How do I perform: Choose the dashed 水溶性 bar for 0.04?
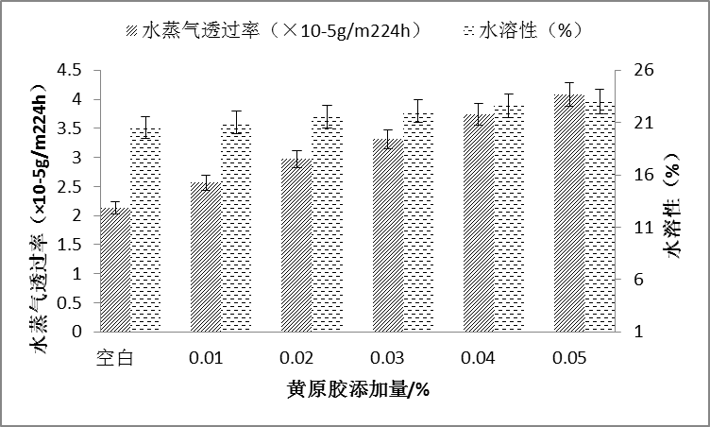(510, 218)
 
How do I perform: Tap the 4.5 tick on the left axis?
(70, 70)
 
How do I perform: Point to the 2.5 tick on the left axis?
(70, 186)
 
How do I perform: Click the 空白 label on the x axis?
(113, 360)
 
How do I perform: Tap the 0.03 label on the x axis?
(387, 360)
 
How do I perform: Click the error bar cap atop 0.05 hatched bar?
(569, 83)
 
